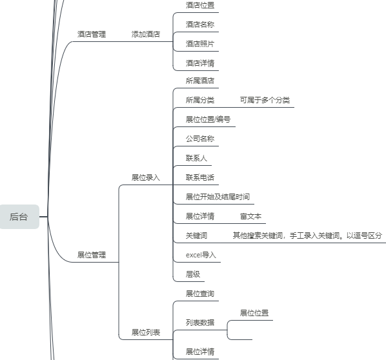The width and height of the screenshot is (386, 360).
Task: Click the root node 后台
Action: coord(19,217)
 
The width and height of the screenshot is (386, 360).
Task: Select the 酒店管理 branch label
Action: coord(92,34)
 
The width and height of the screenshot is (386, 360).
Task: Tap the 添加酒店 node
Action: coord(146,34)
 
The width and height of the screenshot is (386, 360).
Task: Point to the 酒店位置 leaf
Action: coord(200,5)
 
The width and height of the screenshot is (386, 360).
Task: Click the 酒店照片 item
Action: coord(200,44)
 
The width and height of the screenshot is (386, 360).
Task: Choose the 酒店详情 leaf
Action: coord(200,63)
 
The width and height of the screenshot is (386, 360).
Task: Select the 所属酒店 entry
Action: coord(200,81)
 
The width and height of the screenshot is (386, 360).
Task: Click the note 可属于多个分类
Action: coord(265,100)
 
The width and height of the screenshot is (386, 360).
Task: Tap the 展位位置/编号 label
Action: coord(208,119)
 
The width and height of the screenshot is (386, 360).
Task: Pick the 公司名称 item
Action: coord(200,139)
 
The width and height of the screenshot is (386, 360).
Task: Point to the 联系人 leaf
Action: coord(196,158)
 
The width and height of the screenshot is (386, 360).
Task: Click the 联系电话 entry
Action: coord(200,177)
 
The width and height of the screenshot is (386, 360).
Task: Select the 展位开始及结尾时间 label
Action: coord(218,197)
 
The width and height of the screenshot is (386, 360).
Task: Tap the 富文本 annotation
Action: coord(250,216)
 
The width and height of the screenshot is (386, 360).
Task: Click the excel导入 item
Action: coord(201,255)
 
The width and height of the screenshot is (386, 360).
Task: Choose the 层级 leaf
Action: coord(193,274)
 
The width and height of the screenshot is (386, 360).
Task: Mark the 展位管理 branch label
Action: coord(92,255)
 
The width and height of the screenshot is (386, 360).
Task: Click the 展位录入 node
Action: coord(146,177)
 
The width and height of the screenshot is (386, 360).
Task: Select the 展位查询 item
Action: coord(200,294)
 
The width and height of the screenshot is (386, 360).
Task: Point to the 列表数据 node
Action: coord(200,323)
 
